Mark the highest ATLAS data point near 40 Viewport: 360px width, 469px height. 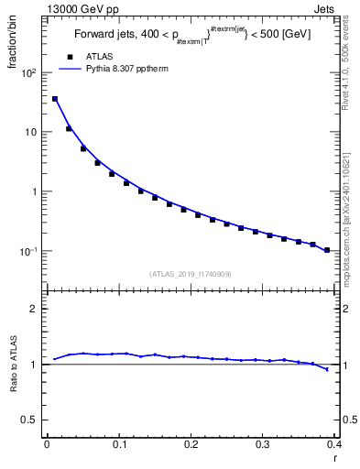tap(54, 99)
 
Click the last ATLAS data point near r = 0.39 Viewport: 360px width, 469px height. tap(327, 250)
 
